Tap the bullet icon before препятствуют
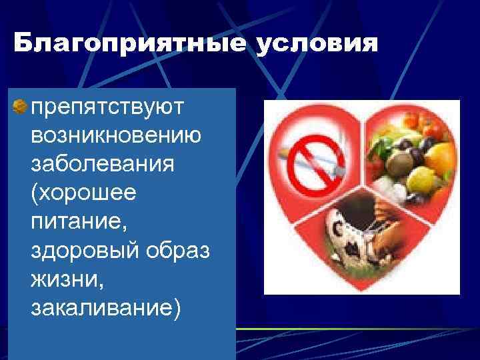tap(21, 107)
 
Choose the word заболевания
tap(103, 164)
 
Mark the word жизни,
tap(67, 280)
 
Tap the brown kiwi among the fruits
tap(400, 160)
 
